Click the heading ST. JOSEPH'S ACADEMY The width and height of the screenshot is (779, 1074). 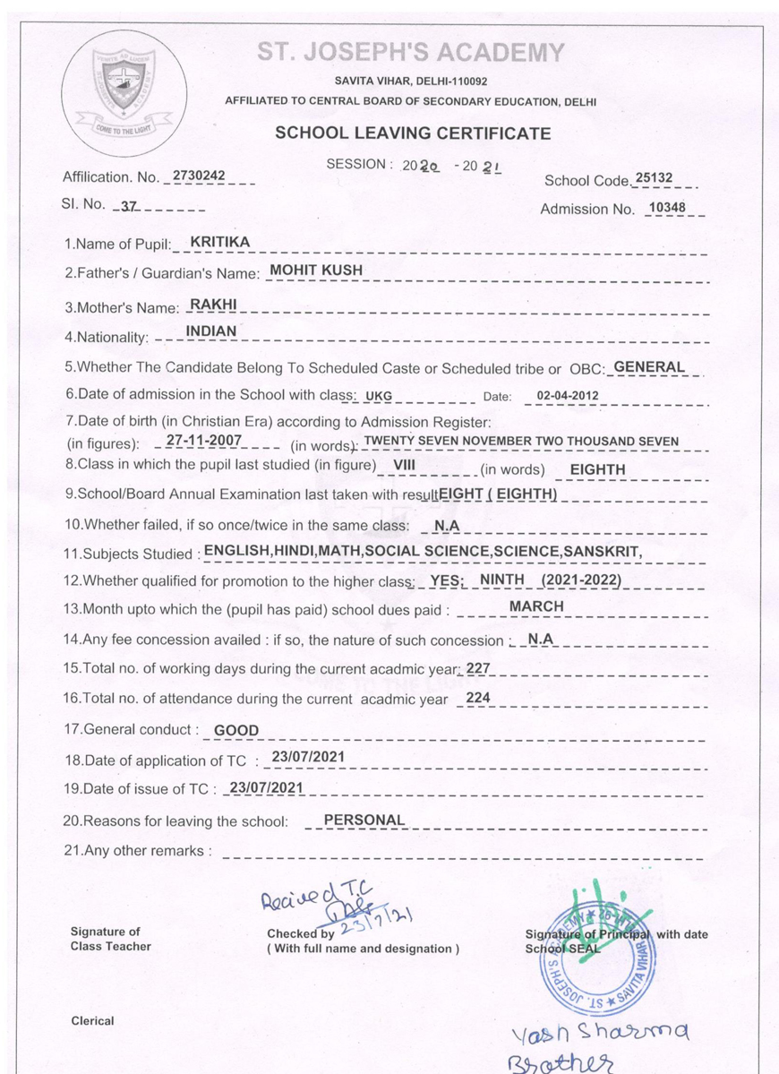411,53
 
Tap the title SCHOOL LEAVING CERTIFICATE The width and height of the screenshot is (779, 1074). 413,133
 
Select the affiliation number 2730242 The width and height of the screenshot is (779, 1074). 198,176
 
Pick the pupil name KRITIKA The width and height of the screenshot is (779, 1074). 220,242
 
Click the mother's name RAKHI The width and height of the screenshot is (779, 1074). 213,305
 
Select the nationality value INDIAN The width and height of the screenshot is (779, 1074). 211,331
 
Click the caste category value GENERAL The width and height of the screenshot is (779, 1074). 649,366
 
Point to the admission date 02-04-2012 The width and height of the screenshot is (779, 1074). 568,395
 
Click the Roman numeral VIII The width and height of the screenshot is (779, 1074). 405,465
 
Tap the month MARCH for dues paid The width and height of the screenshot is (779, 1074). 536,606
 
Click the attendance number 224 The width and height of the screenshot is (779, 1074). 478,698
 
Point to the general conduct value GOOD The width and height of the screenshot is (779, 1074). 236,730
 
